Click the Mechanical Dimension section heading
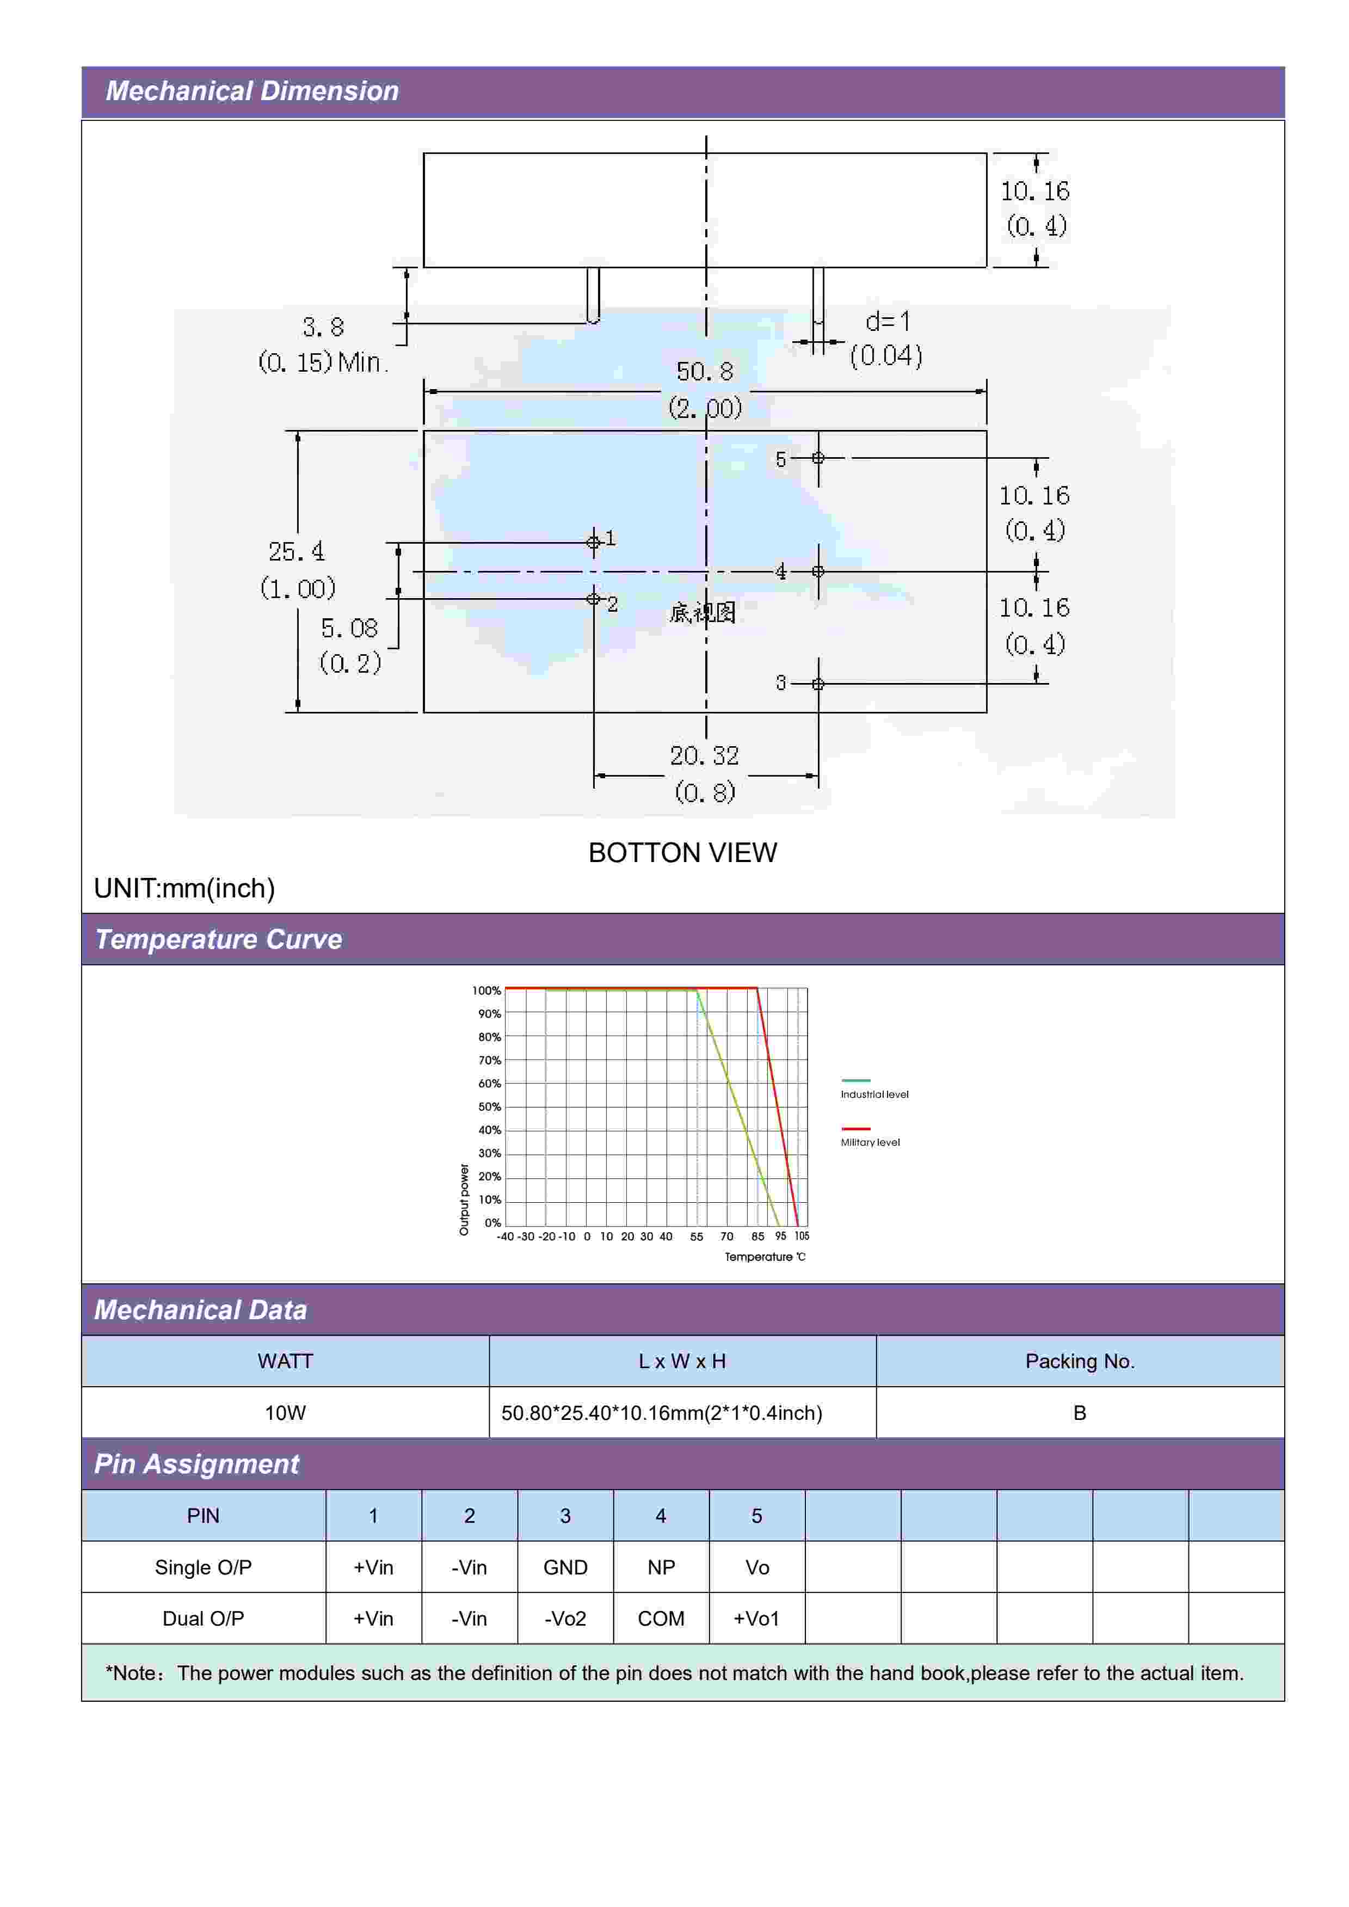(252, 90)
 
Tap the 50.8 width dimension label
(704, 371)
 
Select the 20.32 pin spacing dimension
(704, 756)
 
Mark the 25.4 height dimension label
(297, 551)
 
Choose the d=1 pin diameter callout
(887, 322)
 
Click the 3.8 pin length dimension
(323, 327)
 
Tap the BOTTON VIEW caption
(682, 852)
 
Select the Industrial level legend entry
(874, 1094)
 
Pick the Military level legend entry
(870, 1142)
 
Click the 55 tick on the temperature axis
(696, 1236)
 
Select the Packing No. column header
(1079, 1361)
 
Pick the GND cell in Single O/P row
(565, 1567)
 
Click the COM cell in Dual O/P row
(661, 1619)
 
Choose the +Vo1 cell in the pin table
(756, 1619)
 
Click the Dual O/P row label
(202, 1619)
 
